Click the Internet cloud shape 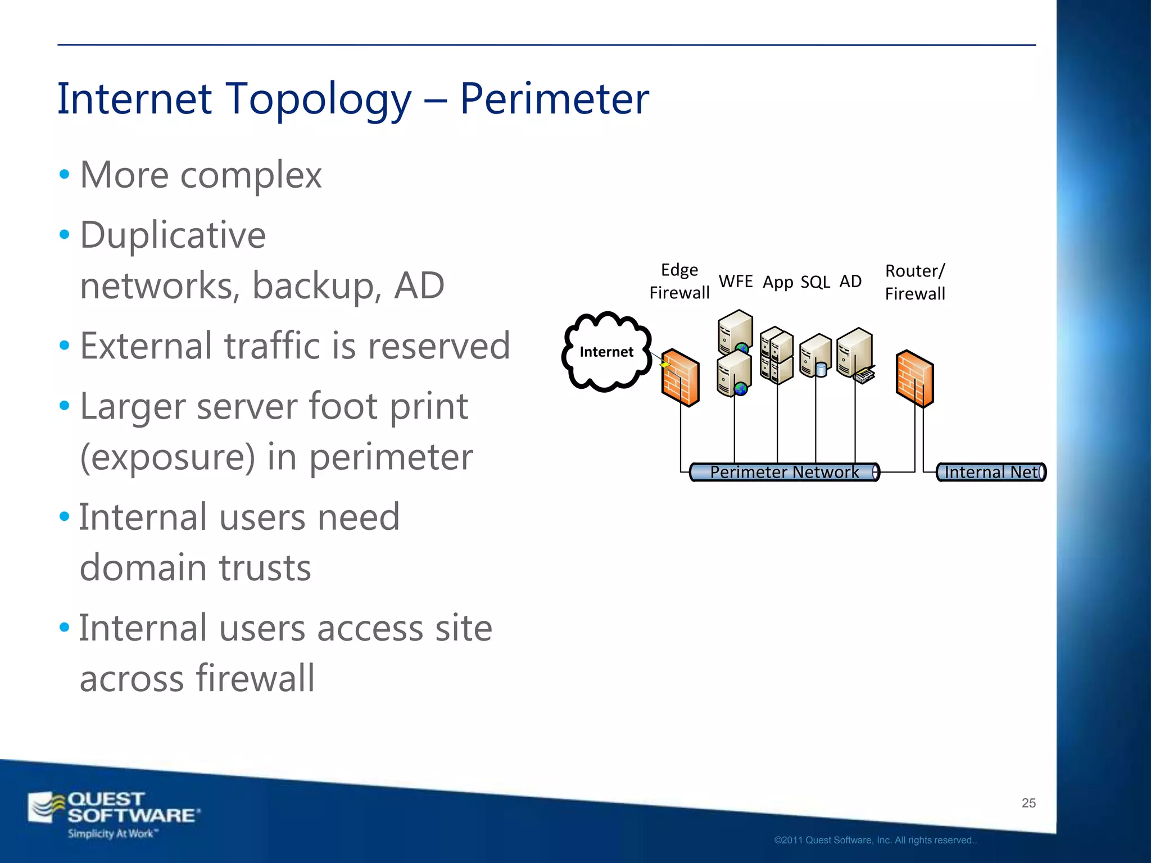tap(606, 352)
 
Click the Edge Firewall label tap(679, 281)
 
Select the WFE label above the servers tap(735, 281)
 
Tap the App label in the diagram tap(777, 282)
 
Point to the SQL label tap(815, 282)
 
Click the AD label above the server tap(850, 281)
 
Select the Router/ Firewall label tap(914, 282)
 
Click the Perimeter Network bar tap(784, 472)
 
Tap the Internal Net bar tap(990, 472)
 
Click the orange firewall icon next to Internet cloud tap(680, 378)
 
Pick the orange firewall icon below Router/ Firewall tap(914, 378)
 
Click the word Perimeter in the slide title tap(554, 99)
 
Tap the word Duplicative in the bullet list tap(173, 235)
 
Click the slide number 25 tap(1028, 803)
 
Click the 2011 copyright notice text tap(875, 840)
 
